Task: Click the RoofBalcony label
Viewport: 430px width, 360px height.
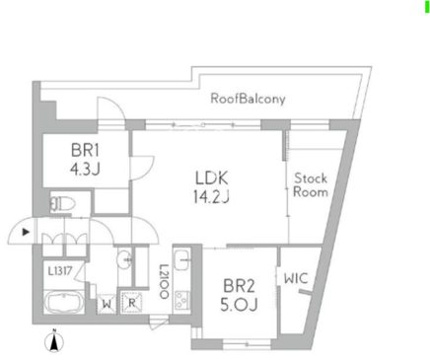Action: [248, 99]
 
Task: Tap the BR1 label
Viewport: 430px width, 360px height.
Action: [85, 150]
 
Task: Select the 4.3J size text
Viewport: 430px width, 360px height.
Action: [85, 169]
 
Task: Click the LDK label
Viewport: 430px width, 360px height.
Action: [211, 178]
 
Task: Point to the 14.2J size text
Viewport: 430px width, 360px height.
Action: [211, 196]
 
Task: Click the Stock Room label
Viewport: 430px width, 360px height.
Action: [311, 184]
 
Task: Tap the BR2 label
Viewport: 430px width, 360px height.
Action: [239, 286]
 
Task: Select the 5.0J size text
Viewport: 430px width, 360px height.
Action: [239, 305]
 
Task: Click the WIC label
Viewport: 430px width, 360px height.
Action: [296, 278]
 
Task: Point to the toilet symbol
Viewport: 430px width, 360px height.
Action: [62, 204]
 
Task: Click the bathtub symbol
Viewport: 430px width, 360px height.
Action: [64, 302]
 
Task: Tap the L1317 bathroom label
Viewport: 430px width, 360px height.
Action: [60, 271]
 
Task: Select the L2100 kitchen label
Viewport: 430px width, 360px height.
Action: [164, 281]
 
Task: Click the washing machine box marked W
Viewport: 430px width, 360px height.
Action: [107, 304]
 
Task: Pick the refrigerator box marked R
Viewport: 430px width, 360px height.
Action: [131, 303]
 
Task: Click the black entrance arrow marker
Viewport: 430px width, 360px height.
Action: [26, 232]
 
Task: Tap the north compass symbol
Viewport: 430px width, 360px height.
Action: [54, 341]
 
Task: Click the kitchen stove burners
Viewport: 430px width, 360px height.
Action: [181, 300]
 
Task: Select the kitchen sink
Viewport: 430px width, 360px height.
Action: [181, 259]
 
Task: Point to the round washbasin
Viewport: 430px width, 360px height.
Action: [124, 259]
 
